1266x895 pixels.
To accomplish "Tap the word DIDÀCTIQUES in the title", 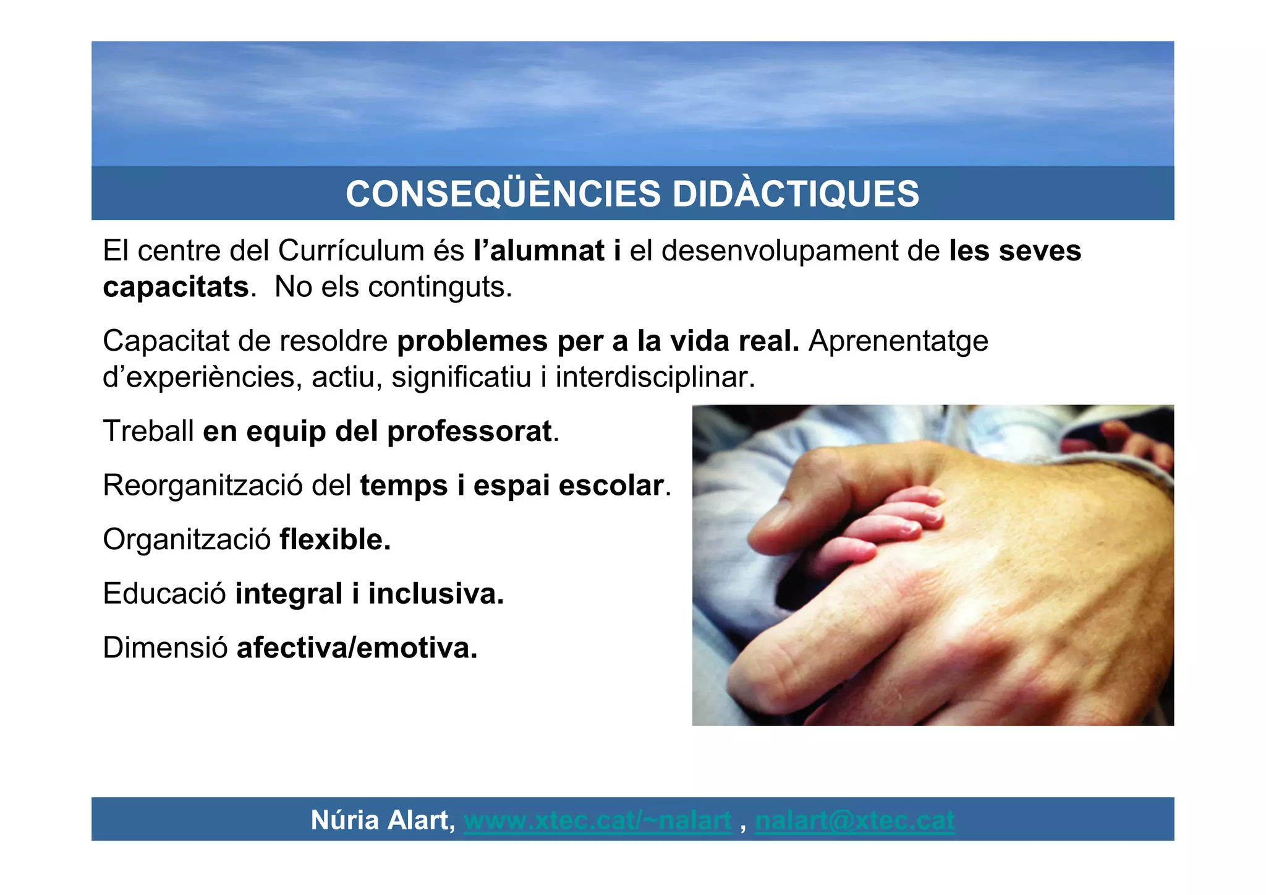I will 796,194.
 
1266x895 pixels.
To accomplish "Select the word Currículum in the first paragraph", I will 350,251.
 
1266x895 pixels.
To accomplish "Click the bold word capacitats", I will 176,287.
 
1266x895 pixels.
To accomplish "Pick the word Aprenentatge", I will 898,341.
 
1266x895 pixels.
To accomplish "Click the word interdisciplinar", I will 655,377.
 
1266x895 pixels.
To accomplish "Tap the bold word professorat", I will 469,431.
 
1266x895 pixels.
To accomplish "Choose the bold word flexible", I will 334,539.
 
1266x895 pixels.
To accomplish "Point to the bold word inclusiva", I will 436,594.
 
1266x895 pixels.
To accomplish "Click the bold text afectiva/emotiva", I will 357,648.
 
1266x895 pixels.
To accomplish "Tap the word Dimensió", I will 165,648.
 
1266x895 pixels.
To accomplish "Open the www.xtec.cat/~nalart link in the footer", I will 597,820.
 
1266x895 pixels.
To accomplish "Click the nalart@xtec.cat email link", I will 854,820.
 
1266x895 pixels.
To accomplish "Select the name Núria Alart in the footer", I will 382,820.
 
